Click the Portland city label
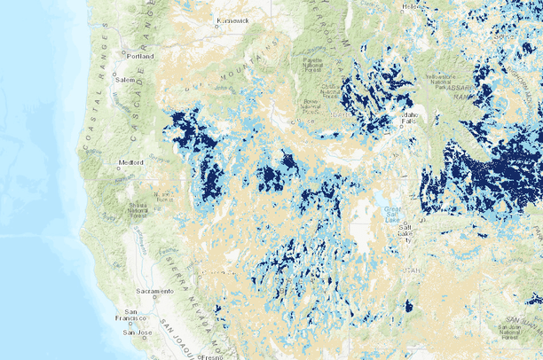click(x=140, y=56)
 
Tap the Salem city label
click(x=123, y=80)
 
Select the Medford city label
click(x=130, y=162)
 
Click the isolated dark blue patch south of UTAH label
click(x=408, y=307)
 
